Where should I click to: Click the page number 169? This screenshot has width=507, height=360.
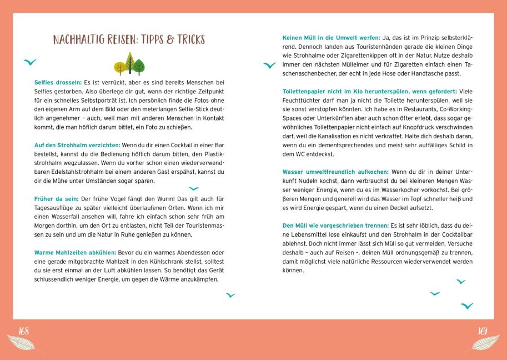[x=483, y=332]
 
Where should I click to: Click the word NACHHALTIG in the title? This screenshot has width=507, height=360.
[x=79, y=39]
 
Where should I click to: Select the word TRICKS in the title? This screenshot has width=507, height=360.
[x=190, y=39]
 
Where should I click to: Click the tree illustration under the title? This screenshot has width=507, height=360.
[x=129, y=64]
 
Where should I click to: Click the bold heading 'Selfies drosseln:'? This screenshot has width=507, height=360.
[x=58, y=82]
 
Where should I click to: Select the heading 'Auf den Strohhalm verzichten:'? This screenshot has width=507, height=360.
[x=73, y=145]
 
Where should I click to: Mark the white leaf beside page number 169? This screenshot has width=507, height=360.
[x=482, y=343]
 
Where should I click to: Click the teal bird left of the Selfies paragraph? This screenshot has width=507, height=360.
[x=30, y=62]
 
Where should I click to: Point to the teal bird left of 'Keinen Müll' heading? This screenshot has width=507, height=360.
[x=269, y=66]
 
